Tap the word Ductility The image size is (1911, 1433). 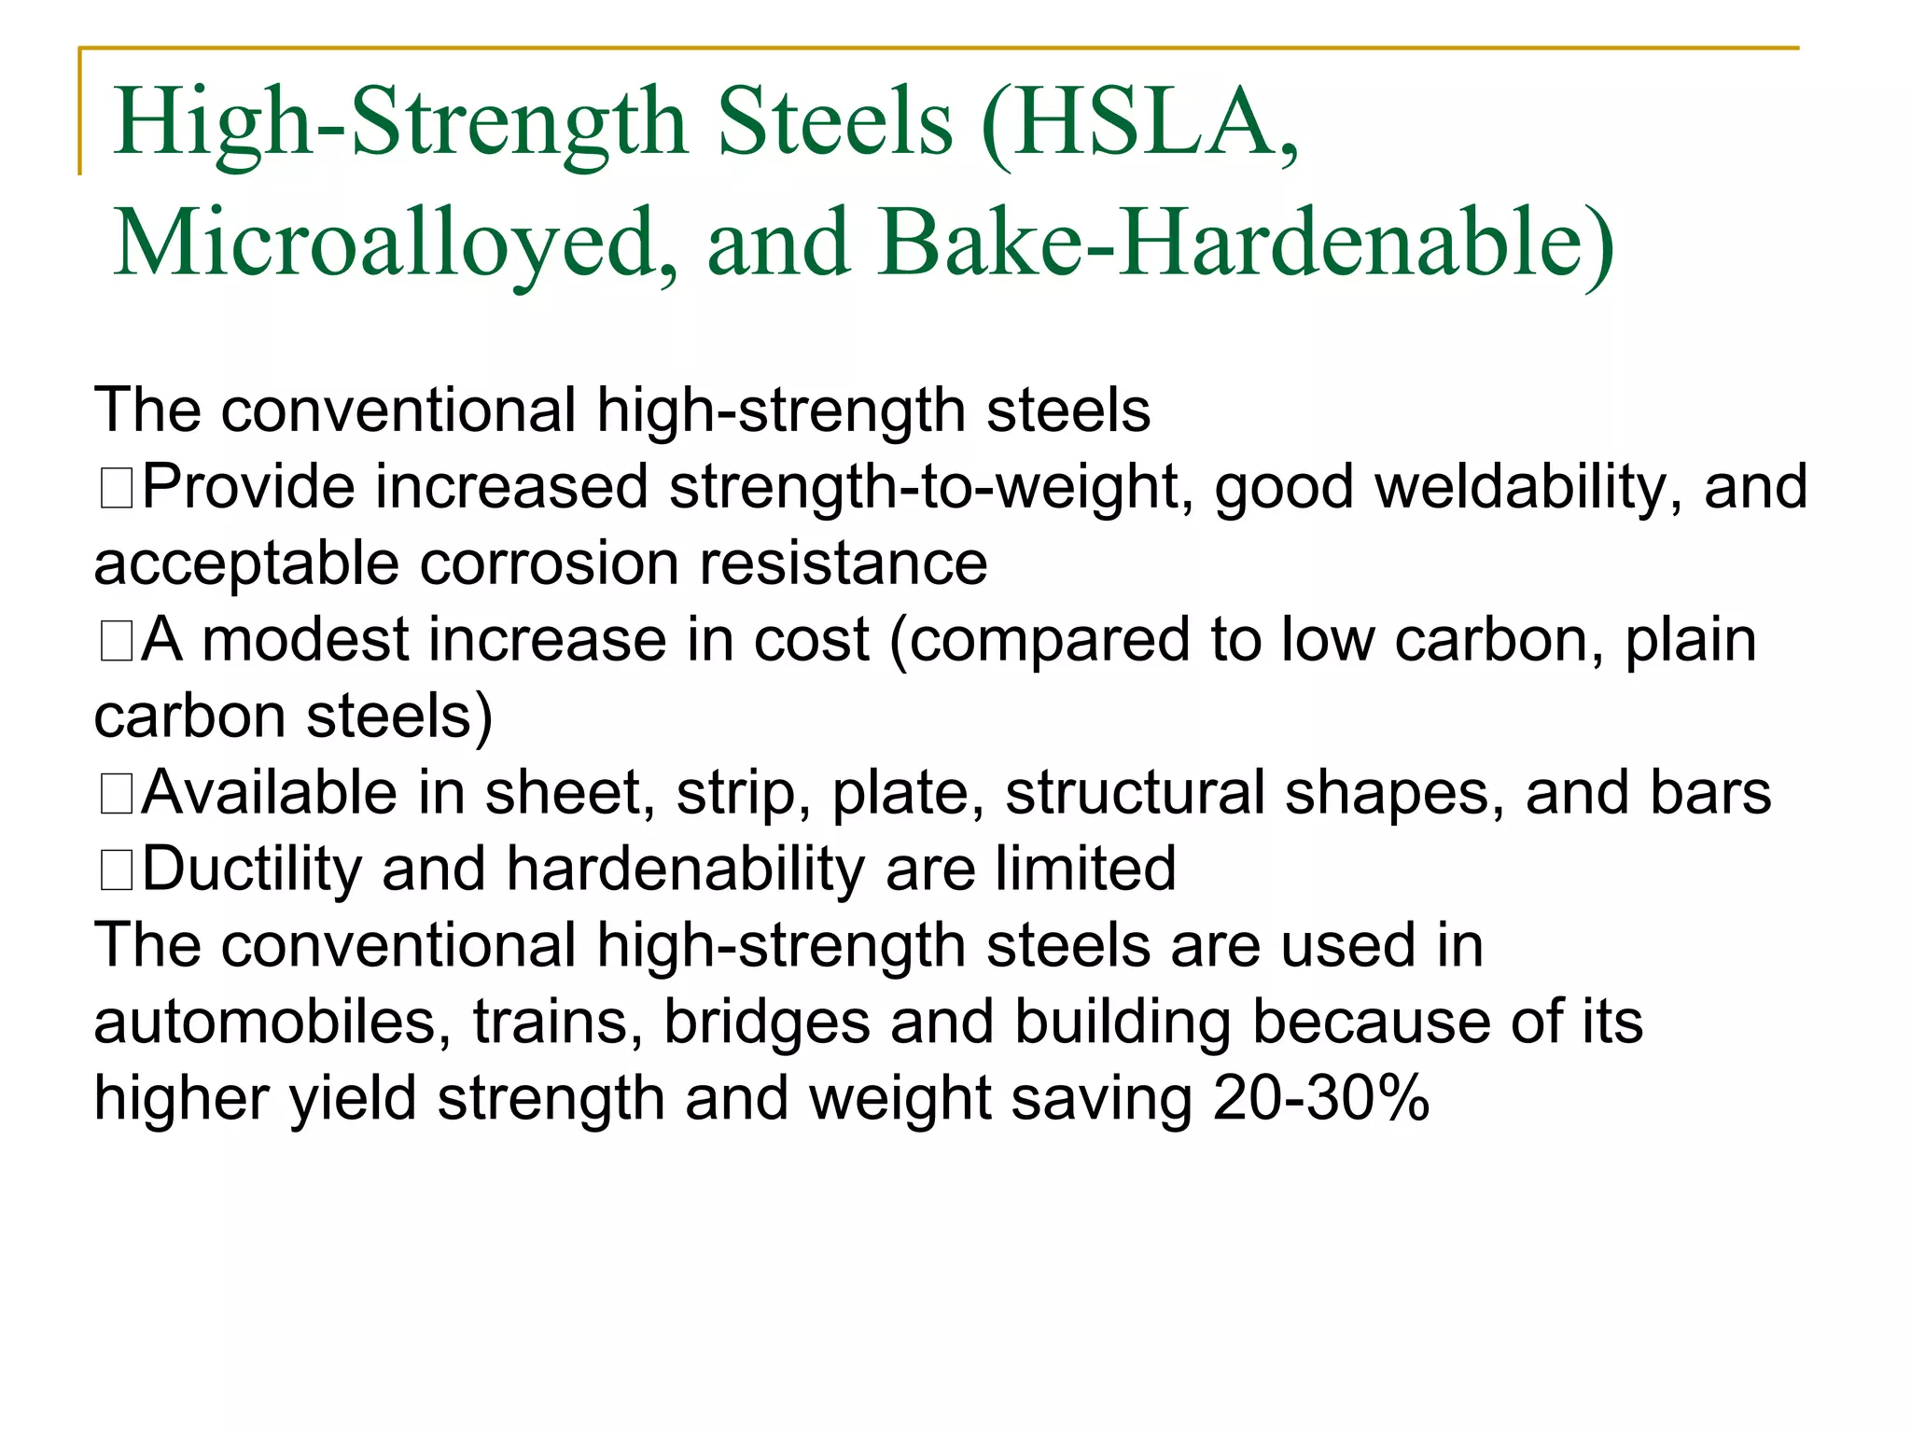click(251, 870)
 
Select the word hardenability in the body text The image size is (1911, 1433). click(685, 870)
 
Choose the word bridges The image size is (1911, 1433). click(766, 1023)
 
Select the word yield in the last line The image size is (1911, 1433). click(352, 1099)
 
